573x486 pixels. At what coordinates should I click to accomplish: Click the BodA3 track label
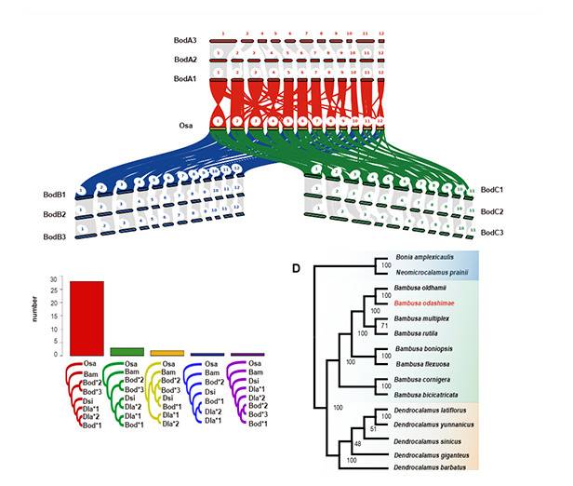(x=184, y=41)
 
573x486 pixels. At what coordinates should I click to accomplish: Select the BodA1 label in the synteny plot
(x=184, y=80)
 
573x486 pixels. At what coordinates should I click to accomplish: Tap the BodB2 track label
(x=54, y=216)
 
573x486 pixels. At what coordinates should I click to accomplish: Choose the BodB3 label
(x=54, y=237)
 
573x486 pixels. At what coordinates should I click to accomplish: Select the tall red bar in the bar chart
(x=87, y=317)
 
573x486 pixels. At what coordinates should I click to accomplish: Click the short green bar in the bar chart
(x=127, y=351)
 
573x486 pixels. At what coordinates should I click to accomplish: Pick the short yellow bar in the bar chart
(x=167, y=352)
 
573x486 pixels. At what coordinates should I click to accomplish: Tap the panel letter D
(x=296, y=269)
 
